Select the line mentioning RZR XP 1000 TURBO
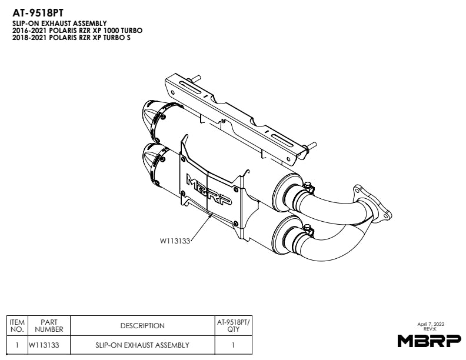pyautogui.click(x=77, y=30)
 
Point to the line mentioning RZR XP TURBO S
pyautogui.click(x=71, y=37)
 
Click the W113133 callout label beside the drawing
pyautogui.click(x=176, y=241)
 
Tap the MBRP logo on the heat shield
pyautogui.click(x=209, y=189)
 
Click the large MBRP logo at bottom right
pyautogui.click(x=425, y=341)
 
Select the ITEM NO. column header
pyautogui.click(x=18, y=325)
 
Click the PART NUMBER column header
pyautogui.click(x=49, y=325)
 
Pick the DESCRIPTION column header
pyautogui.click(x=142, y=326)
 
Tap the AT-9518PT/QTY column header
pyautogui.click(x=233, y=325)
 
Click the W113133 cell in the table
pyautogui.click(x=49, y=345)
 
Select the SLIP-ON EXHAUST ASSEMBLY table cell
pyautogui.click(x=142, y=345)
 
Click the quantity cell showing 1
pyautogui.click(x=233, y=345)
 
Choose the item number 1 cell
pyautogui.click(x=18, y=345)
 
